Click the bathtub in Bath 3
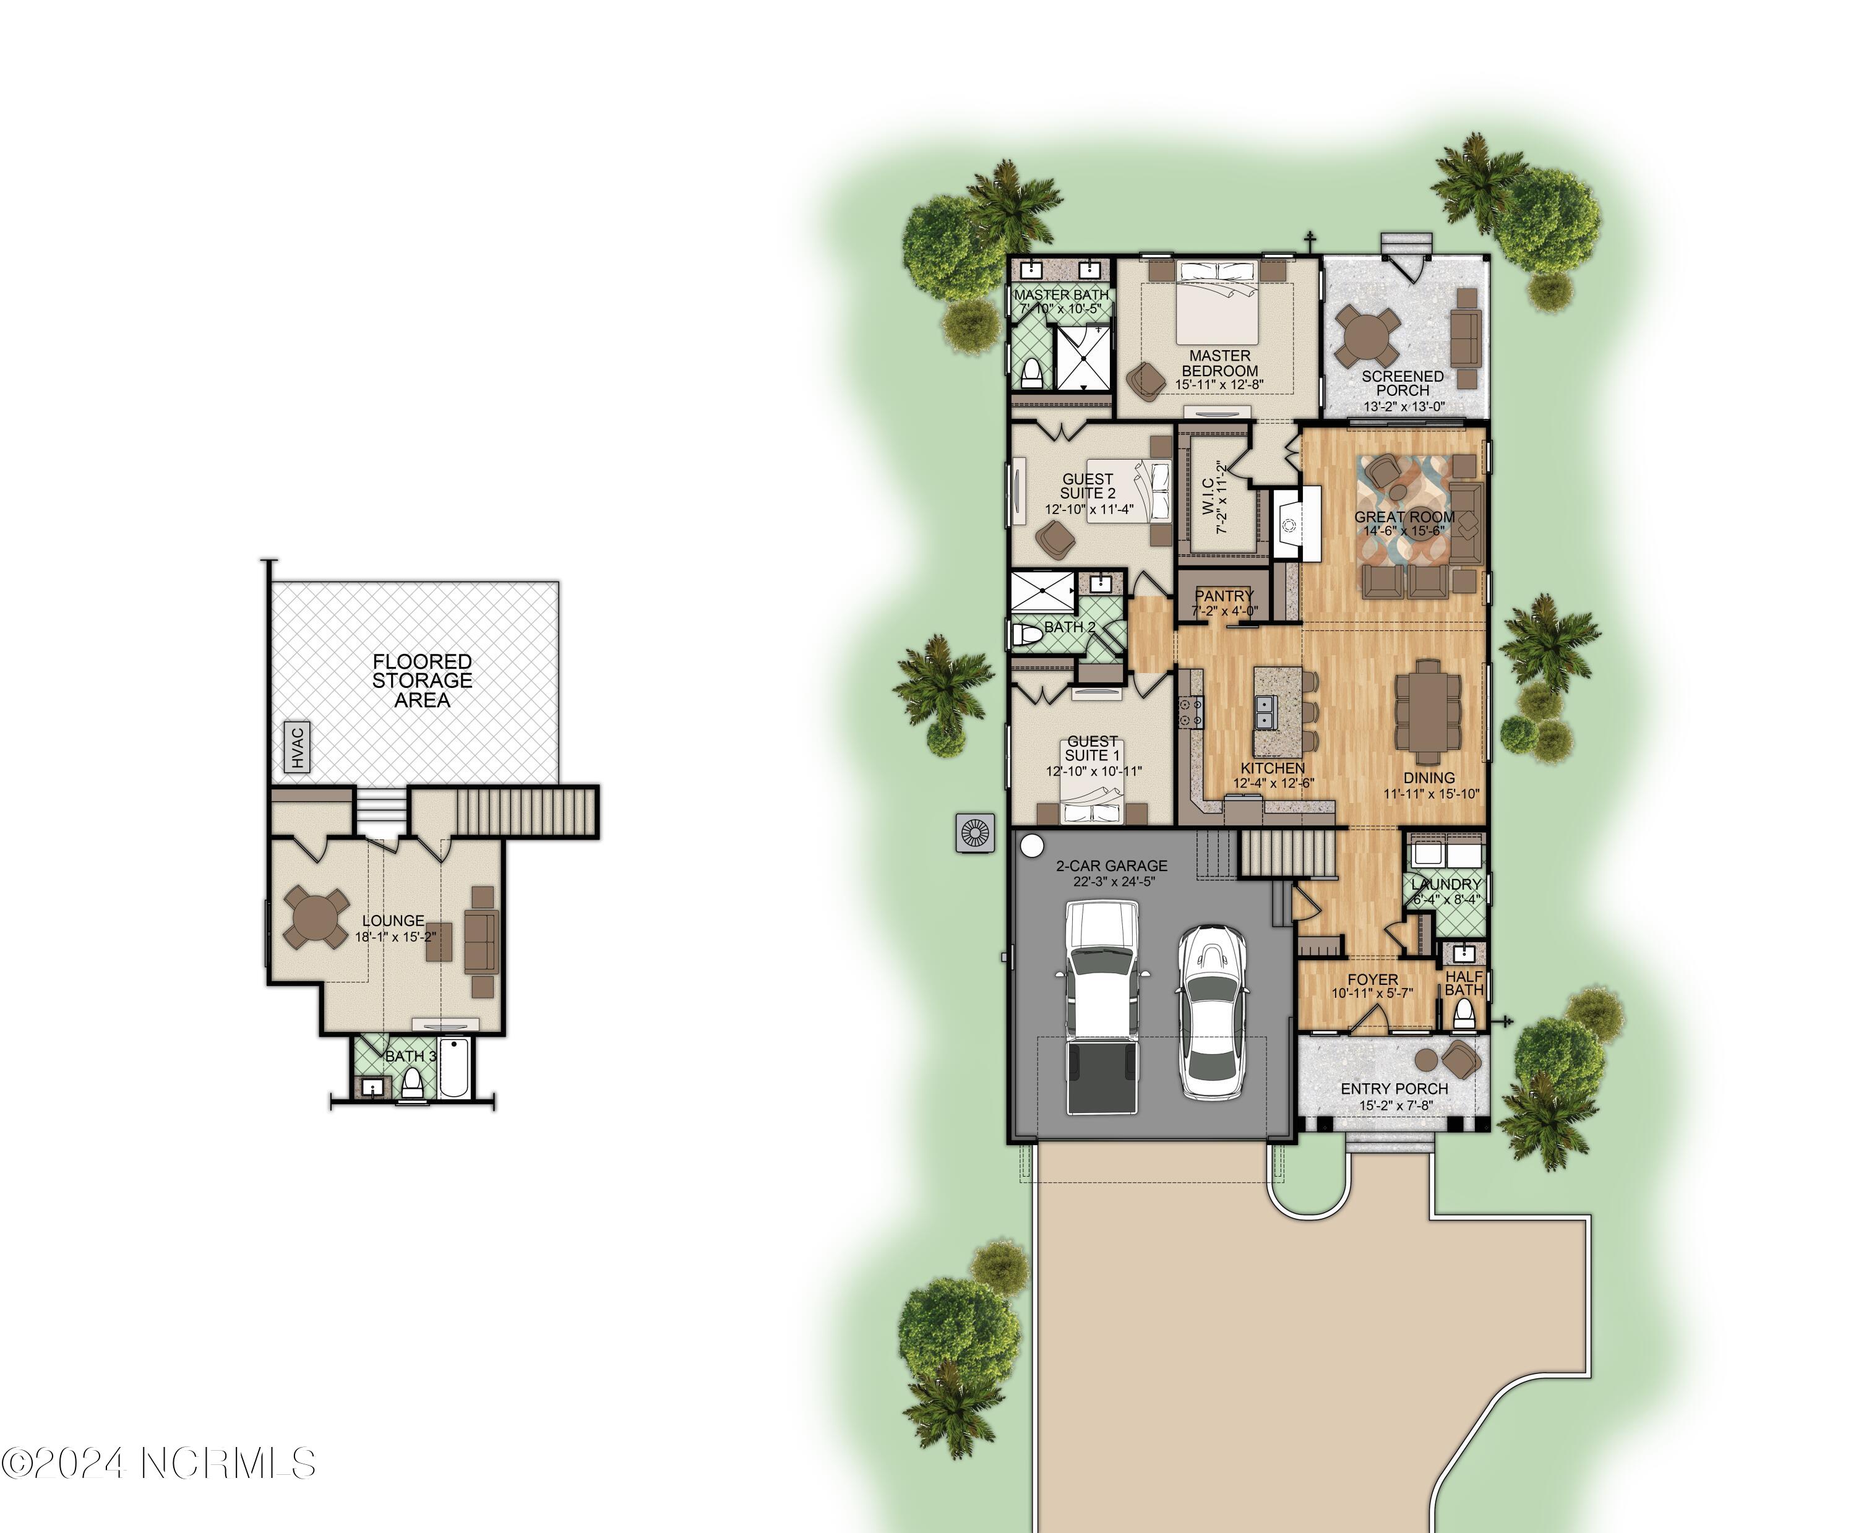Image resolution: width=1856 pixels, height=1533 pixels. point(455,1068)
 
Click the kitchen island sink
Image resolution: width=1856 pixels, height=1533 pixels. point(1265,711)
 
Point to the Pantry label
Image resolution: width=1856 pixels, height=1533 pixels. point(1224,596)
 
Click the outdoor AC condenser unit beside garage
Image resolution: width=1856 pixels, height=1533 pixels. point(975,833)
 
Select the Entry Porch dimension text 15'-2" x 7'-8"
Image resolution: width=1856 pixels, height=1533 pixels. point(1395,1106)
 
